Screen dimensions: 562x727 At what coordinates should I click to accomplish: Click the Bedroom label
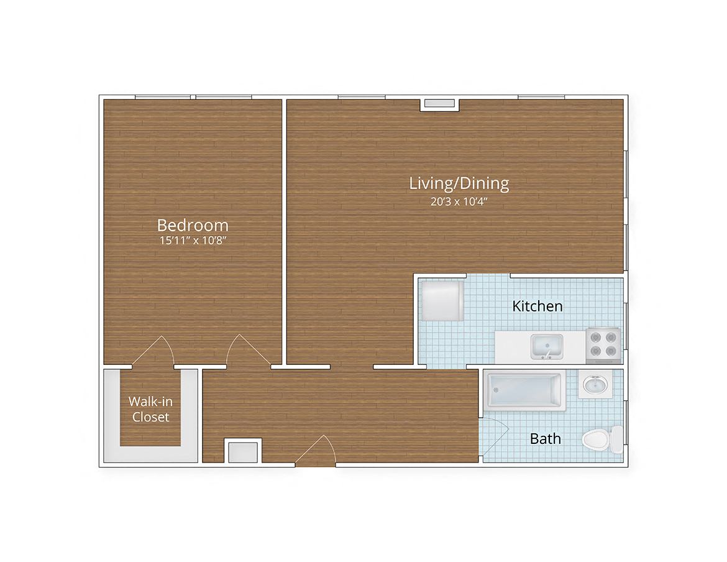192,224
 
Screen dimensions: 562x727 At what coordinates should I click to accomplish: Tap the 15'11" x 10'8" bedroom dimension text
192,241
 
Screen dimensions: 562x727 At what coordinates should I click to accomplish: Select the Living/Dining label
459,183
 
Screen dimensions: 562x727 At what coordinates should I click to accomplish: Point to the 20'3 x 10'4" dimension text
459,201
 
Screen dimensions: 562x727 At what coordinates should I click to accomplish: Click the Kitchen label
537,306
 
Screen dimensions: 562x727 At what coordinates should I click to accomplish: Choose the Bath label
545,439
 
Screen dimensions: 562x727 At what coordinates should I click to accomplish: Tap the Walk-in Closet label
150,409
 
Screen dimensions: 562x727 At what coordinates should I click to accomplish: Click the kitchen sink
546,346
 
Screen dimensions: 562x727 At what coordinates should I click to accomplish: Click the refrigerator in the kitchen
442,301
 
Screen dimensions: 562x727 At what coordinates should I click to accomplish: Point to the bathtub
525,390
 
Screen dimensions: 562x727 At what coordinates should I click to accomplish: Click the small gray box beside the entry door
242,452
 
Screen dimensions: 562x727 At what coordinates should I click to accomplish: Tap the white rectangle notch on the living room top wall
439,104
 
